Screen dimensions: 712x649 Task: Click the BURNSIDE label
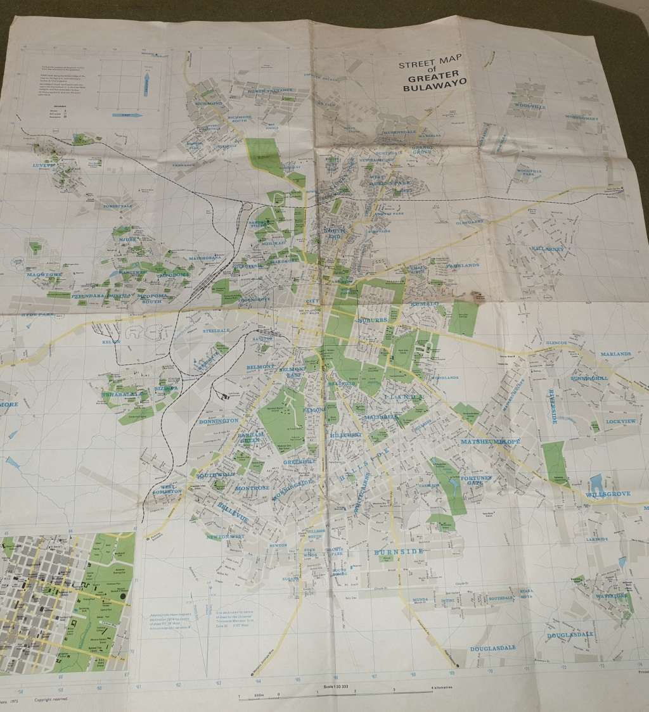point(399,552)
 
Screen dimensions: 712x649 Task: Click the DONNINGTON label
point(218,420)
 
